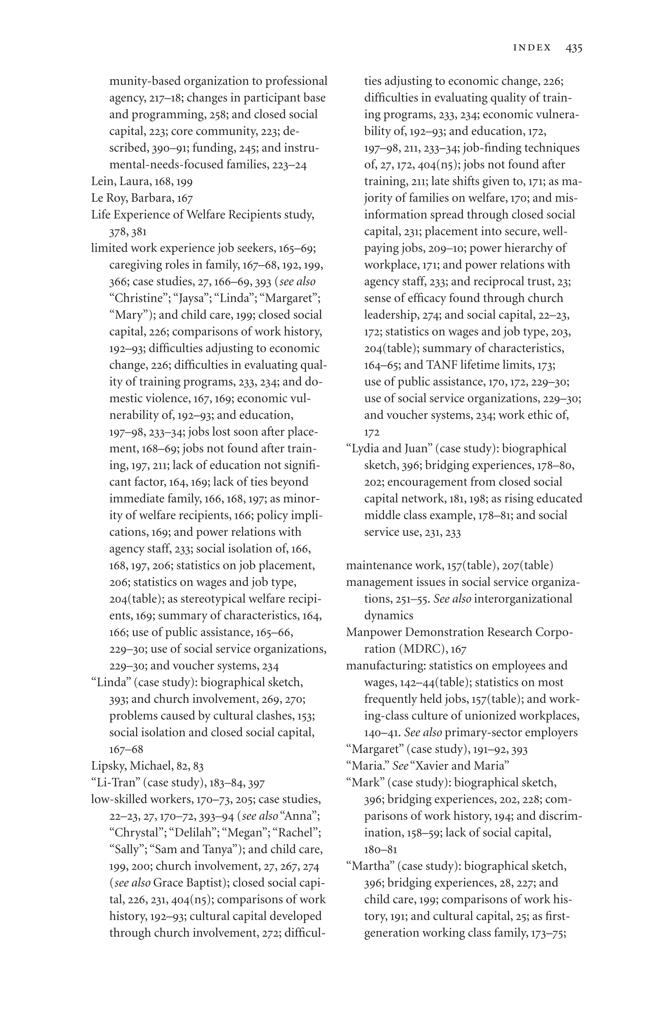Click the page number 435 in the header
pyautogui.click(x=574, y=48)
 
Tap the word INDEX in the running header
pyautogui.click(x=532, y=48)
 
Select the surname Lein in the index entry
pyautogui.click(x=102, y=182)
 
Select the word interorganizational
pyautogui.click(x=523, y=599)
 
